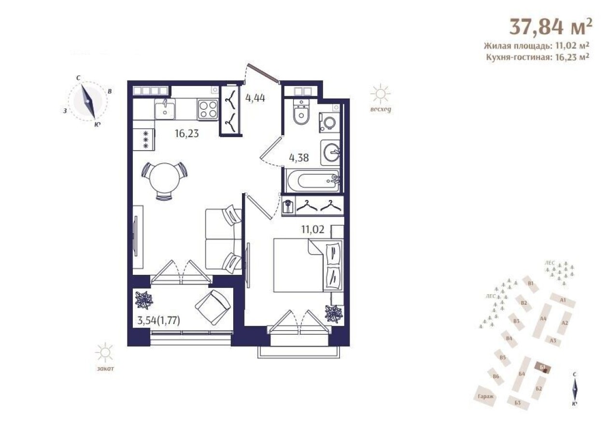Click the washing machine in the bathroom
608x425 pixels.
(x=329, y=123)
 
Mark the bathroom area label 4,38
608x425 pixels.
(x=299, y=157)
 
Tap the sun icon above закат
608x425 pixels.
(x=104, y=353)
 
